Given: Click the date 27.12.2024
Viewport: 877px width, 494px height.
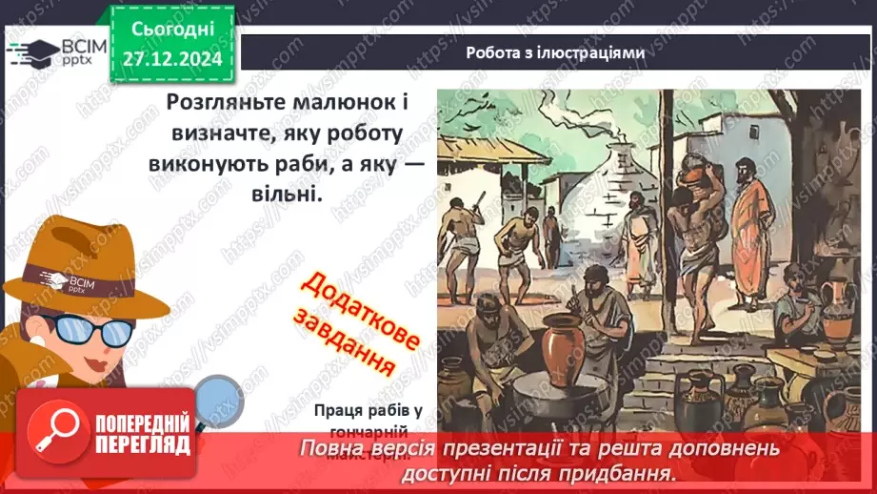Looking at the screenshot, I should [171, 57].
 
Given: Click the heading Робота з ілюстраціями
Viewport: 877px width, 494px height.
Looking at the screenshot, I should [555, 53].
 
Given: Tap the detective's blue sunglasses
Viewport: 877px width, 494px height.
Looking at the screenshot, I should [86, 329].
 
